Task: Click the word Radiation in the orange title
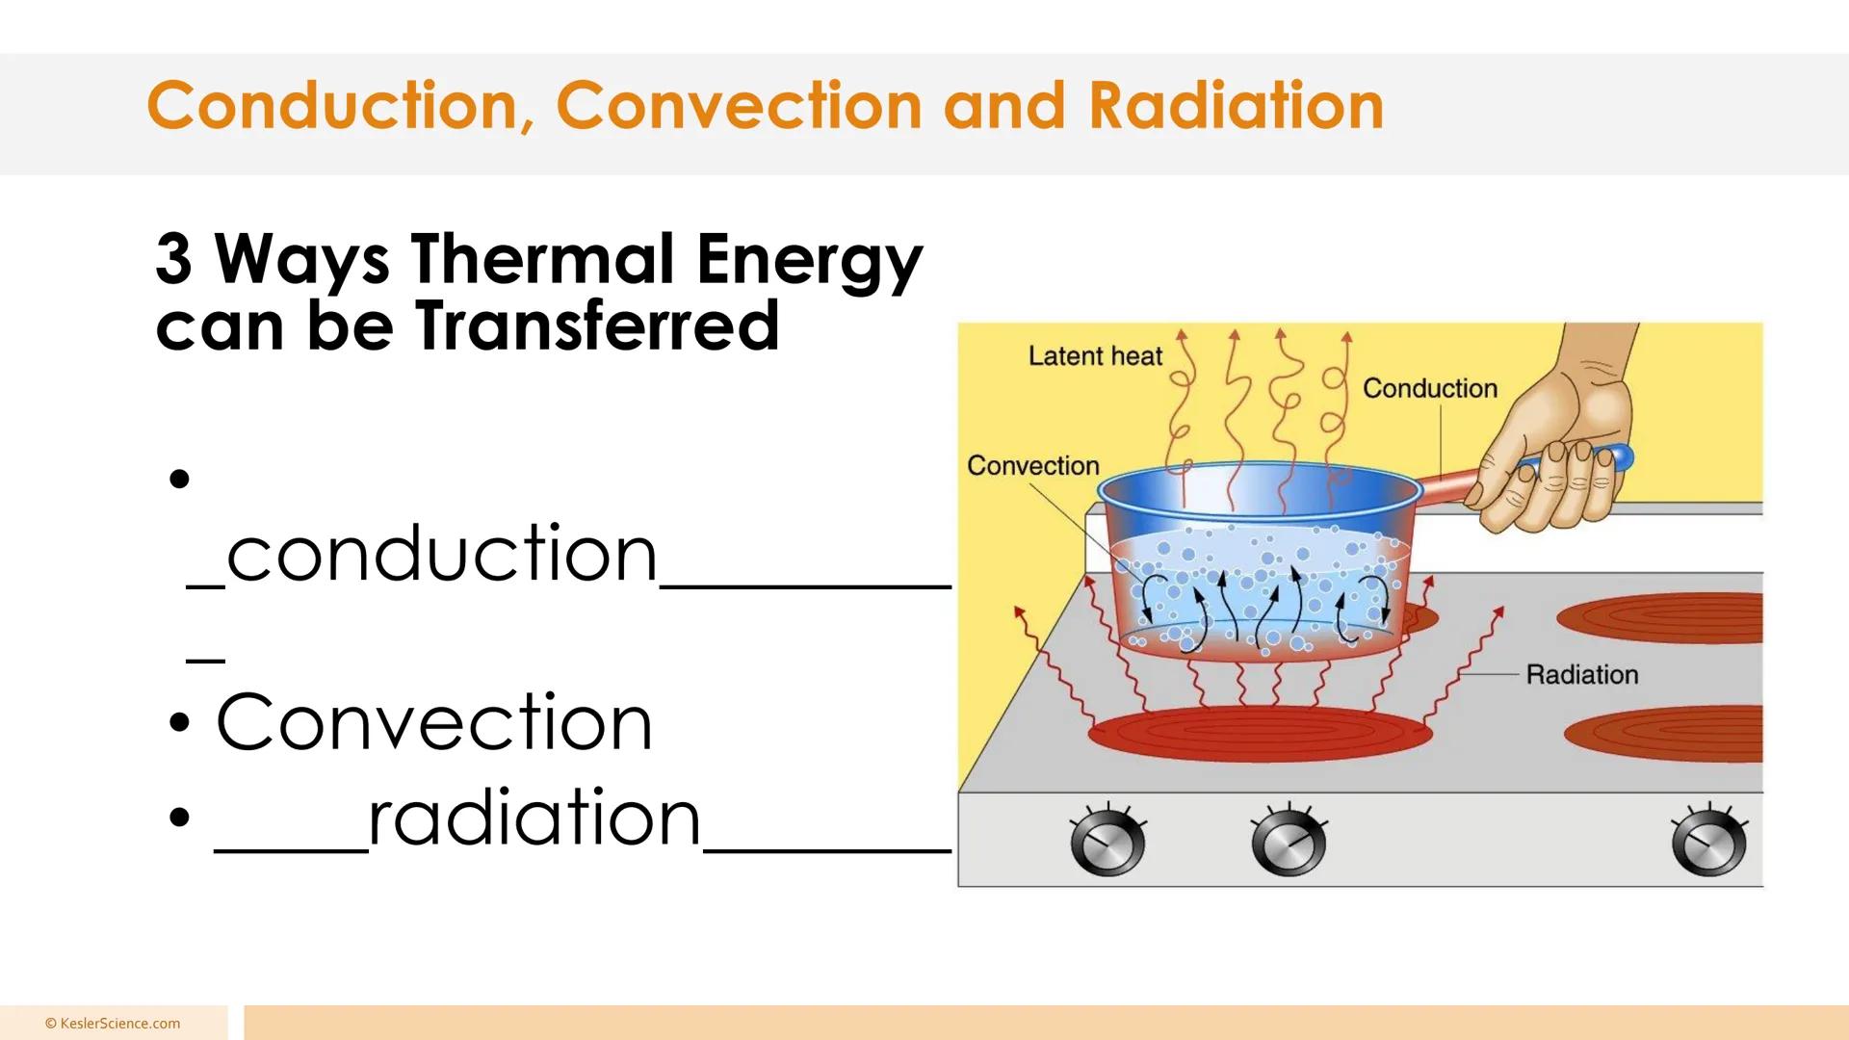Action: [x=1236, y=106]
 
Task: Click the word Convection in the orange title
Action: [x=739, y=106]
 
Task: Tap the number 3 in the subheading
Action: [x=173, y=259]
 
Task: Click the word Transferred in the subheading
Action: [x=597, y=325]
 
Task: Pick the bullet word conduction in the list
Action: [x=442, y=555]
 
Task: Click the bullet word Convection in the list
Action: [x=434, y=722]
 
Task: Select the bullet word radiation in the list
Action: [x=534, y=819]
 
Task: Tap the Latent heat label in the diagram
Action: [x=1095, y=356]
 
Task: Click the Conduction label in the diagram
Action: [x=1429, y=389]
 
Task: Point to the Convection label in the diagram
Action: [x=1032, y=466]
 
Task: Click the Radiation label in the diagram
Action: [x=1581, y=675]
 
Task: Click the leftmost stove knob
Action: [x=1107, y=844]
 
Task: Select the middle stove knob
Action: [x=1288, y=844]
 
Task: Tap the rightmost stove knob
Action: [x=1708, y=844]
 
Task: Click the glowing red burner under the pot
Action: [x=1260, y=734]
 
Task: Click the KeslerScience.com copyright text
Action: [x=113, y=1024]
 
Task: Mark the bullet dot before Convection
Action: [x=179, y=723]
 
